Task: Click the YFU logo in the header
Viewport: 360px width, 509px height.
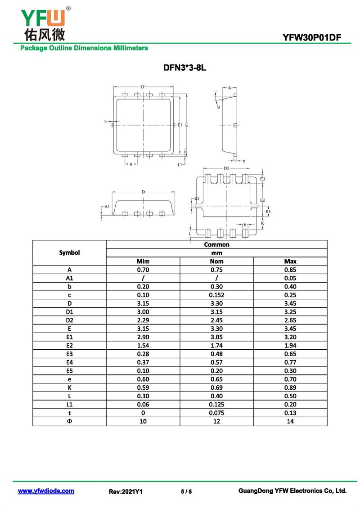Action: click(45, 24)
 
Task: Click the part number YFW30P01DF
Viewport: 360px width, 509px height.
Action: click(312, 38)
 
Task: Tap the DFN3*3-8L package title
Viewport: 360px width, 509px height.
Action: click(184, 68)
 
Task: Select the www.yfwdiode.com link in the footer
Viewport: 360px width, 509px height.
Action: click(46, 491)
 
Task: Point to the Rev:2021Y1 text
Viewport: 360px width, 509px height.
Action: click(125, 491)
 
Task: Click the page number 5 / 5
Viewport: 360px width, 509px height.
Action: click(186, 491)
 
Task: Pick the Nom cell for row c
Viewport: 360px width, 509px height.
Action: click(216, 295)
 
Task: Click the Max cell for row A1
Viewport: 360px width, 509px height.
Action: click(290, 278)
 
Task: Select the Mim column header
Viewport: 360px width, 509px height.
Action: click(143, 261)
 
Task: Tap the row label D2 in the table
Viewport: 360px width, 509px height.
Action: click(69, 320)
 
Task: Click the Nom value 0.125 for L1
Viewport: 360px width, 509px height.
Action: click(216, 405)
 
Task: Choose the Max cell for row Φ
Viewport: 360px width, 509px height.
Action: click(290, 421)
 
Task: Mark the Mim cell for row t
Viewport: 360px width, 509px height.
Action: click(143, 413)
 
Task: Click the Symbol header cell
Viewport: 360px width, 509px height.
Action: click(69, 252)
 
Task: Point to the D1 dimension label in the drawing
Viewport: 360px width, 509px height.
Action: click(144, 87)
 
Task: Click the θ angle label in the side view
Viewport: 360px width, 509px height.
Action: click(218, 107)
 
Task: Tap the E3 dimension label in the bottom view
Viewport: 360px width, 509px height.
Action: click(263, 179)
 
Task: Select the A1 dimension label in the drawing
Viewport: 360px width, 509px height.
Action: click(107, 207)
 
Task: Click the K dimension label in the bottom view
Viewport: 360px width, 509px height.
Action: click(263, 223)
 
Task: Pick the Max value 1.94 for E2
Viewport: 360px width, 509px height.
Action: click(290, 346)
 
